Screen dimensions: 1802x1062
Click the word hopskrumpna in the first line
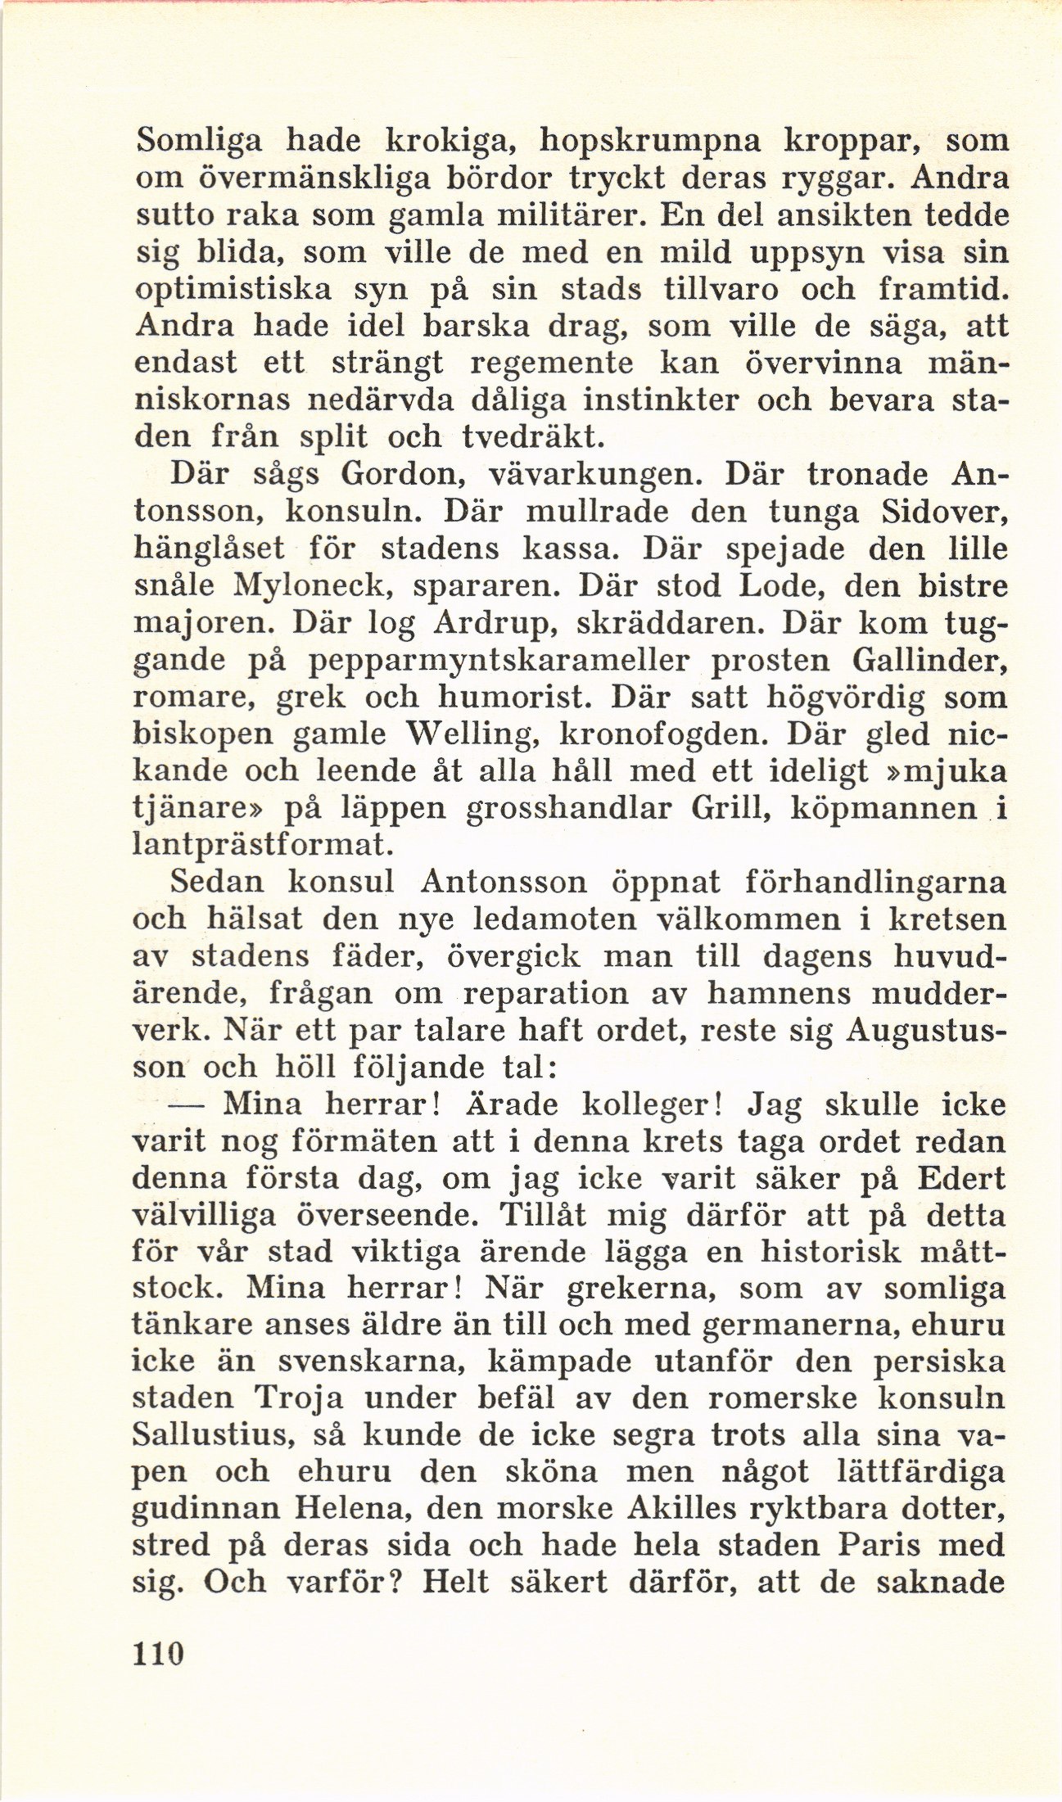click(651, 142)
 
